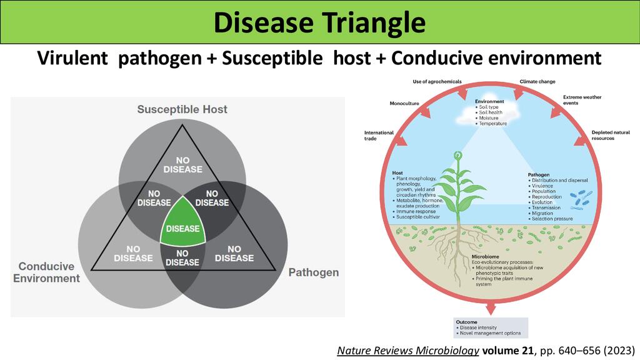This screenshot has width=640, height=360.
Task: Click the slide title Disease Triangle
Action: (319, 23)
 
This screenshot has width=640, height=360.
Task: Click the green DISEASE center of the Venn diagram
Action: (182, 228)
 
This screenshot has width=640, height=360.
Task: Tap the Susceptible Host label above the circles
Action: (182, 109)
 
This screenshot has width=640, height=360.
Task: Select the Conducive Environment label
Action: (46, 272)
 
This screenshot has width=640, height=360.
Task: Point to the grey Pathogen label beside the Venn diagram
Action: (313, 272)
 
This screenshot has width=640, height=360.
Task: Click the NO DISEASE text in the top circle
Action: (182, 164)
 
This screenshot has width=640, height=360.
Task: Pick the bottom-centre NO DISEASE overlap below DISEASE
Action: (182, 257)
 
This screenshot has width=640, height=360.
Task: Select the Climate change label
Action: (537, 81)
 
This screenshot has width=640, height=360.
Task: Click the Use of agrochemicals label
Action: (437, 81)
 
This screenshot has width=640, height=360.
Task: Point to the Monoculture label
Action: (404, 103)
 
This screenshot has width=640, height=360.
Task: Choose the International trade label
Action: (379, 136)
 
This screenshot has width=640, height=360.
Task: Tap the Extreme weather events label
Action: (582, 100)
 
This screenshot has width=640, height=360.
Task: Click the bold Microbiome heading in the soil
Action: (485, 257)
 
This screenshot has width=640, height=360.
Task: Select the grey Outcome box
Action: (491, 327)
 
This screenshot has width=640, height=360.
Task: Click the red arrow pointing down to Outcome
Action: (491, 307)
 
